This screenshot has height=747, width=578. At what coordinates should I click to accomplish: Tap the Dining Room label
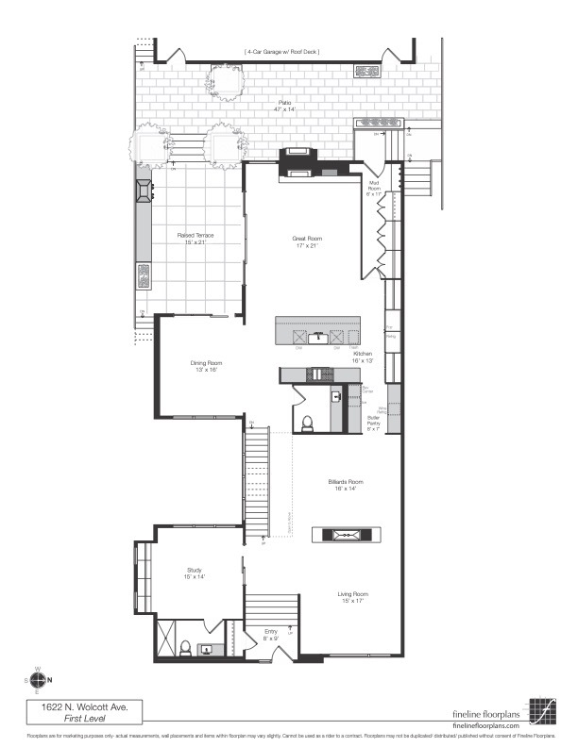206,366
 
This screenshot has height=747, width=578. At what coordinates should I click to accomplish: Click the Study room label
195,573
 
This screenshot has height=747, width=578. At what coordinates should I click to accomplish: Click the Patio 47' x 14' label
284,107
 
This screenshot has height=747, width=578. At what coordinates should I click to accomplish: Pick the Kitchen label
363,357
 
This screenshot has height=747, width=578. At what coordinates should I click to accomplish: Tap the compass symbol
38,679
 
